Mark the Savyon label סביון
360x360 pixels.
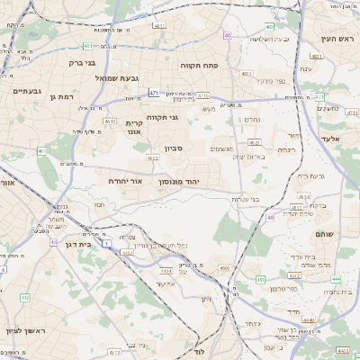pyautogui.click(x=172, y=149)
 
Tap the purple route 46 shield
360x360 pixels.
pyautogui.click(x=270, y=217)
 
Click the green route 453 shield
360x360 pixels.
pyautogui.click(x=259, y=281)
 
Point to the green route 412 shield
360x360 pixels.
pyautogui.click(x=24, y=297)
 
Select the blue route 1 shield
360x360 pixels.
pyautogui.click(x=107, y=243)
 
